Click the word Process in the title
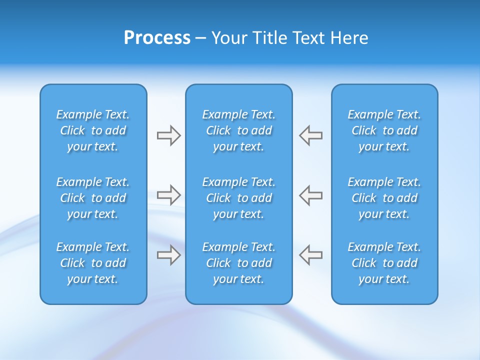pyautogui.click(x=157, y=38)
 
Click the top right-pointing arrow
pyautogui.click(x=168, y=135)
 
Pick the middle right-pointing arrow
pyautogui.click(x=168, y=195)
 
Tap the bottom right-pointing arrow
pyautogui.click(x=168, y=254)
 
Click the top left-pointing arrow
pyautogui.click(x=310, y=135)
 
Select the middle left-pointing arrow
pyautogui.click(x=310, y=195)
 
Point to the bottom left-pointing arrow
pyautogui.click(x=310, y=254)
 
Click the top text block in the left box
pyautogui.click(x=93, y=130)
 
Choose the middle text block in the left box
pyautogui.click(x=93, y=198)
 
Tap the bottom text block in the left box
pyautogui.click(x=93, y=263)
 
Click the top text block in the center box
pyautogui.click(x=239, y=130)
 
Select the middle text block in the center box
pyautogui.click(x=239, y=198)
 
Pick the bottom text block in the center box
pyautogui.click(x=239, y=263)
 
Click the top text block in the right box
pyautogui.click(x=384, y=130)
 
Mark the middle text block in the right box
pyautogui.click(x=384, y=198)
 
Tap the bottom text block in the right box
pyautogui.click(x=384, y=263)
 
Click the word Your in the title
pyautogui.click(x=228, y=38)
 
